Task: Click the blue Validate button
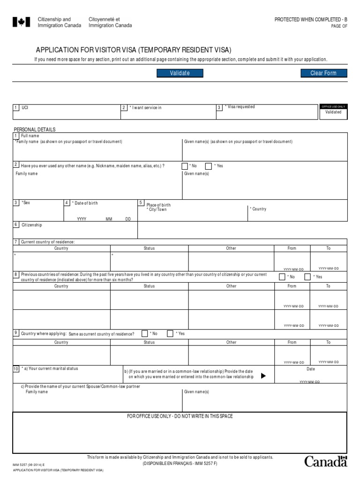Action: [180, 73]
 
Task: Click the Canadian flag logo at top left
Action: [22, 22]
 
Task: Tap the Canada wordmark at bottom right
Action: [326, 461]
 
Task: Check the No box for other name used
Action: [185, 166]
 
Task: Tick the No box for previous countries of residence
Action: [282, 277]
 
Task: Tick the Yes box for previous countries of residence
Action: [307, 277]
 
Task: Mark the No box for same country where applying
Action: [145, 334]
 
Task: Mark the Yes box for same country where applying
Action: [170, 334]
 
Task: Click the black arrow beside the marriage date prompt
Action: [263, 376]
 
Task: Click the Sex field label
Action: [26, 202]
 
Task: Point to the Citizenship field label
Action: [31, 225]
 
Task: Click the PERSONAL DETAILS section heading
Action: [34, 129]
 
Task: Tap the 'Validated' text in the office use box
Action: [333, 112]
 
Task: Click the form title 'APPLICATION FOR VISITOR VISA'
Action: [134, 50]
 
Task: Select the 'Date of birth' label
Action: [85, 203]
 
